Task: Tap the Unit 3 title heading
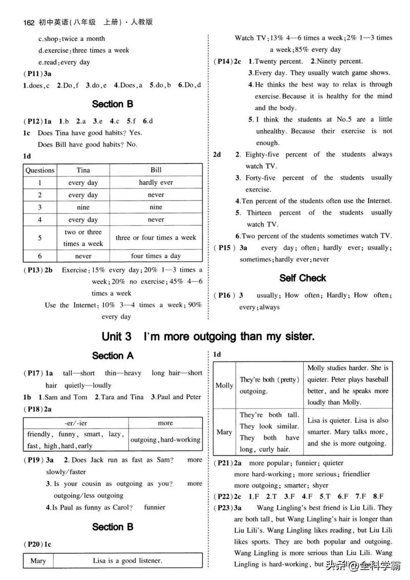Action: pos(207,337)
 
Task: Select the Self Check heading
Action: pos(302,278)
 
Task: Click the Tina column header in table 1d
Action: pos(83,170)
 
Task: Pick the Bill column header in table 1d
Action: pos(156,170)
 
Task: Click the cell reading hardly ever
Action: pos(156,182)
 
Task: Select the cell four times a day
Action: pos(156,256)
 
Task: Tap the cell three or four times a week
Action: pos(156,238)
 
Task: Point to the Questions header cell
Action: pos(40,170)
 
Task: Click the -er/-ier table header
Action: pos(76,423)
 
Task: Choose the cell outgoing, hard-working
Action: pos(165,440)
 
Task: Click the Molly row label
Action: pos(224,385)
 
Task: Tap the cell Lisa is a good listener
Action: pos(127,560)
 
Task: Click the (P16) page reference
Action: pos(224,295)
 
